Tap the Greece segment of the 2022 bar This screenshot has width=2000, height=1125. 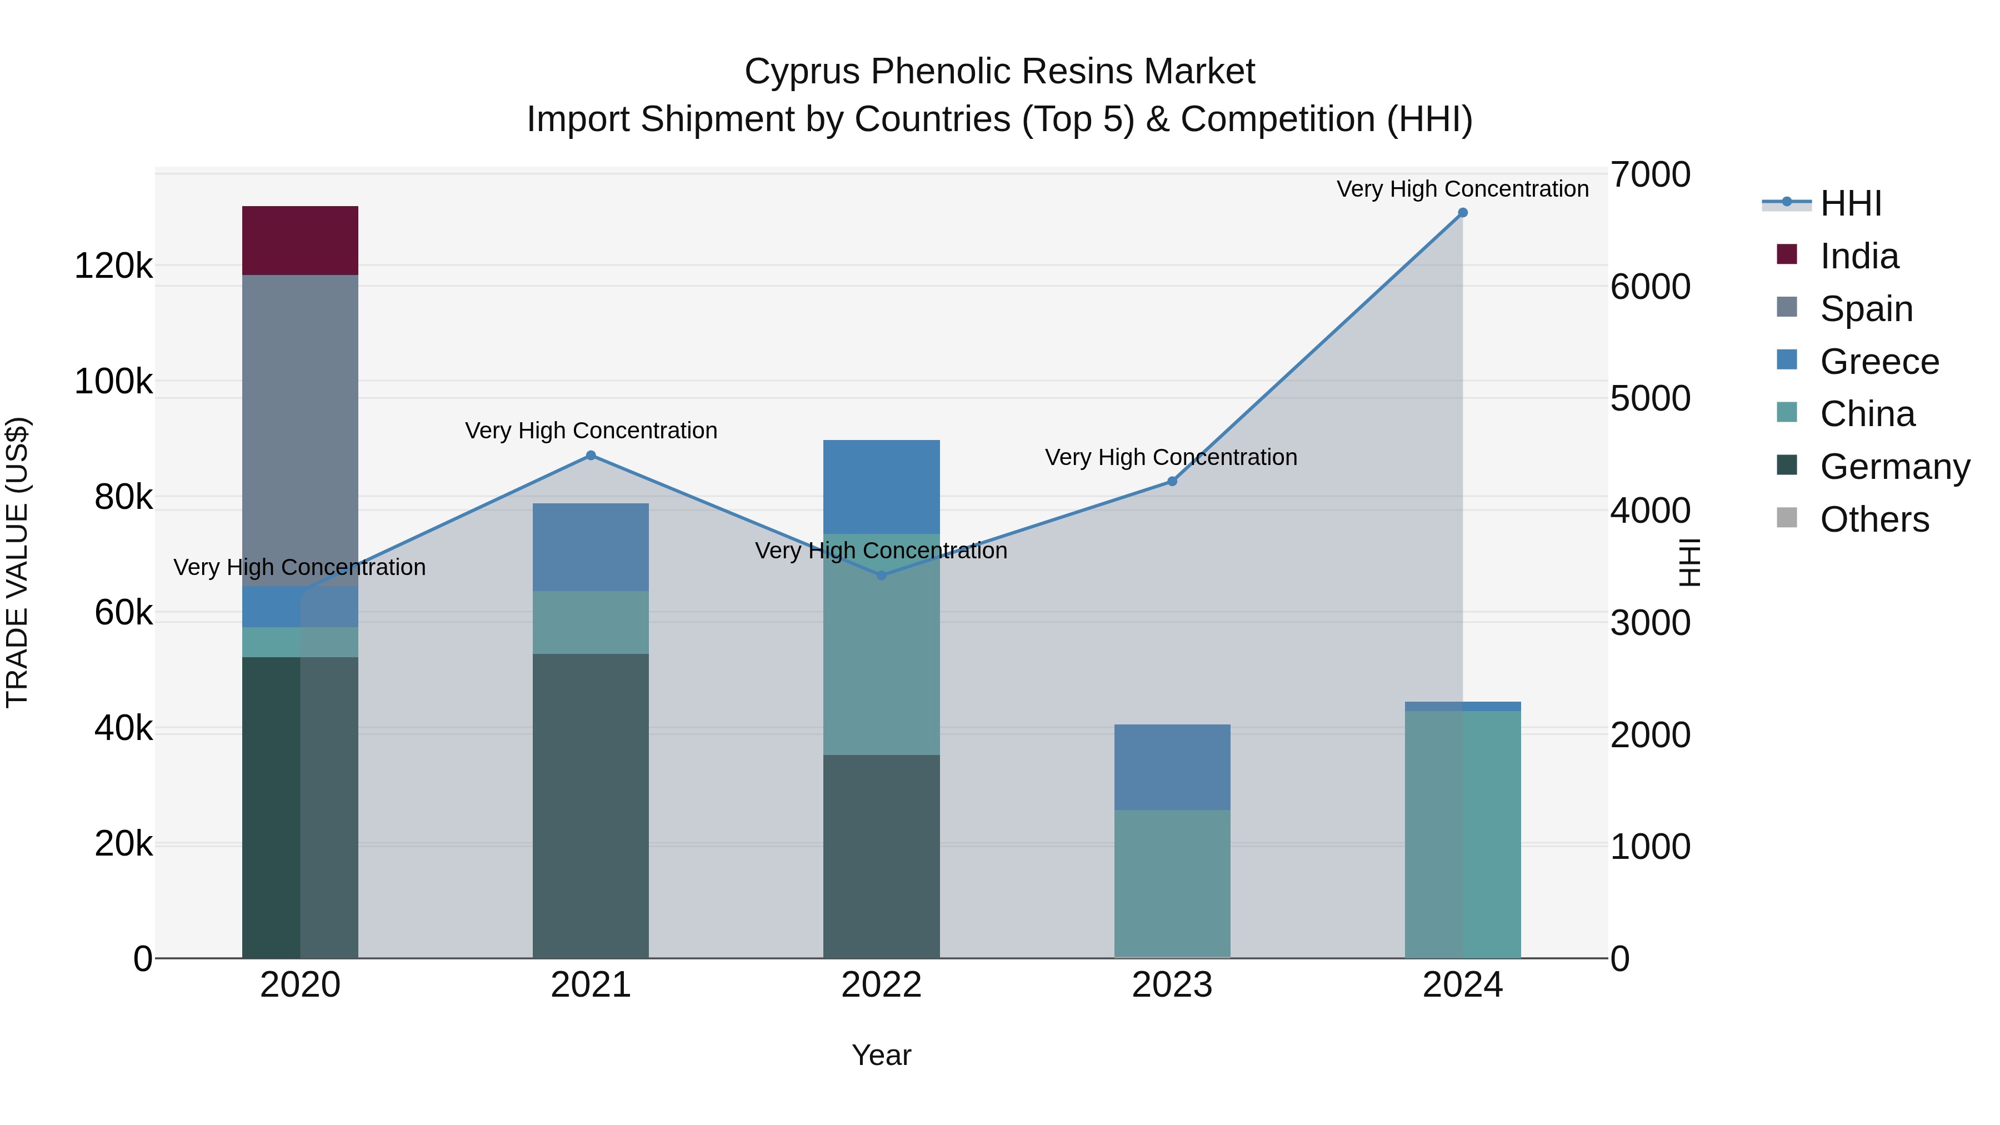881,487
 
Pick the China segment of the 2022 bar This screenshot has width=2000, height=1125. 881,644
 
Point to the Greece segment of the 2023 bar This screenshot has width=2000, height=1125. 1172,767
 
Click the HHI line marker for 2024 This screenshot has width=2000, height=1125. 1463,213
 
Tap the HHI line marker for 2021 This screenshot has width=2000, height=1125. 591,456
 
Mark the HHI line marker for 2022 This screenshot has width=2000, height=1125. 881,576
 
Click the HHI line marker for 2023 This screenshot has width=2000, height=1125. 1172,481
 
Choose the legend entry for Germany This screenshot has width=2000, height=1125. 1894,467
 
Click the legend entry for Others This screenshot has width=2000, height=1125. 1874,519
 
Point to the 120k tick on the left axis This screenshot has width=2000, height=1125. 113,266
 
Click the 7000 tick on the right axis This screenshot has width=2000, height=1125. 1650,174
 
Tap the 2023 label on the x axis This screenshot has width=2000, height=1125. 1172,985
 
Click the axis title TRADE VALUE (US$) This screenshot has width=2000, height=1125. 17,562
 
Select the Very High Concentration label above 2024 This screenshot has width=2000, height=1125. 1462,189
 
